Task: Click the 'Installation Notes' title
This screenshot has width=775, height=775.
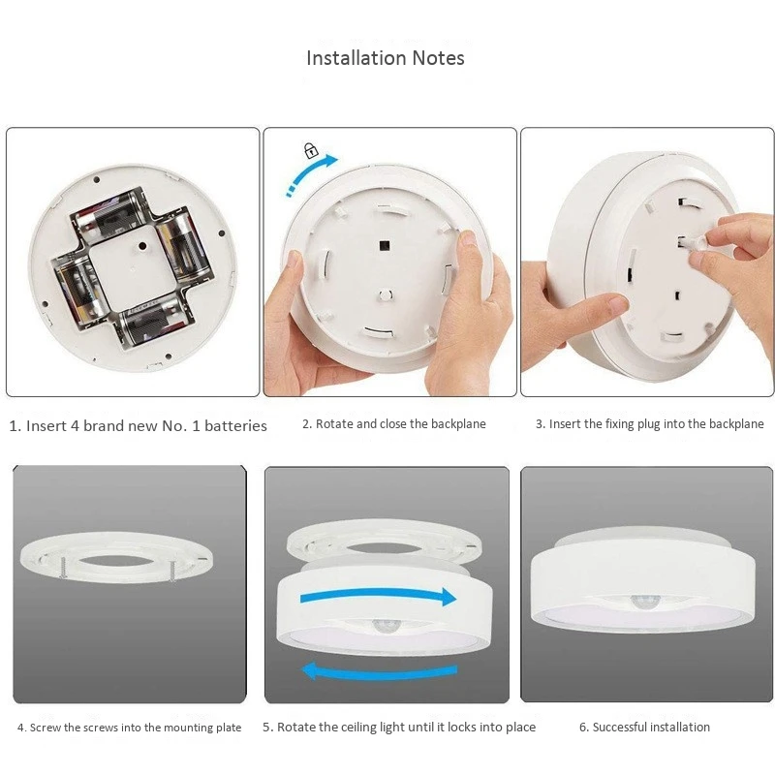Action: [386, 58]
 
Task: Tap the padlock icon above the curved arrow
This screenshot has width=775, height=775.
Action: [310, 150]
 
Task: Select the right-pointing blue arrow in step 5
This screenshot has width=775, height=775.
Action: [378, 595]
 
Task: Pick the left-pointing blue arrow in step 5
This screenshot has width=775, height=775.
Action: [378, 669]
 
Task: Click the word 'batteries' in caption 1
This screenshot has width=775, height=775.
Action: [235, 425]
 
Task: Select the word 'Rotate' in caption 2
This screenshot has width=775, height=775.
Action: [334, 424]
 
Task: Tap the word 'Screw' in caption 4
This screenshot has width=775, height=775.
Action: [46, 728]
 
